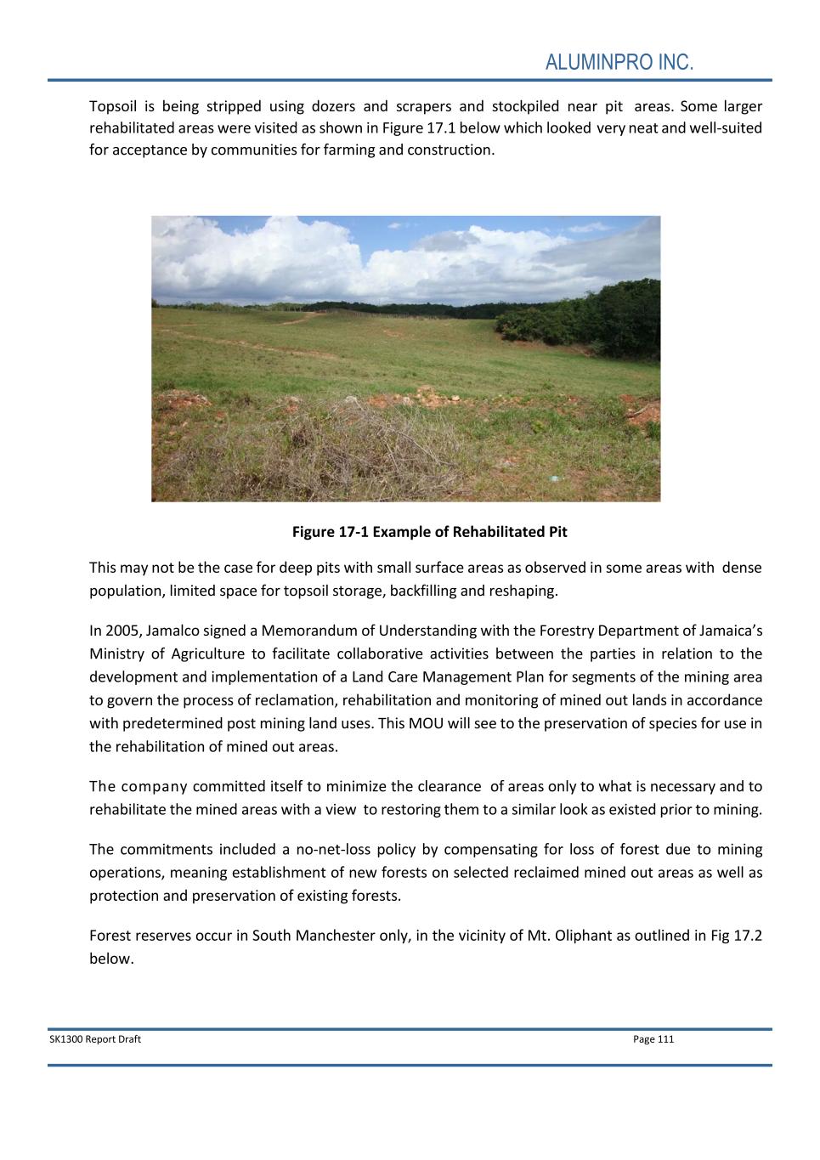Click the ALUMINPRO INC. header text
[619, 63]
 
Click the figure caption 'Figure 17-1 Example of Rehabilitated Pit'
[429, 532]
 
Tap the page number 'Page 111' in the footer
[653, 1038]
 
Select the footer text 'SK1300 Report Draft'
[95, 1038]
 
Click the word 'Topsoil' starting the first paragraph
[113, 106]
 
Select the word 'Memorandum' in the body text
[301, 631]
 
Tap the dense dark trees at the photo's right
[595, 319]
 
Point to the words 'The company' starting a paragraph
[138, 786]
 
